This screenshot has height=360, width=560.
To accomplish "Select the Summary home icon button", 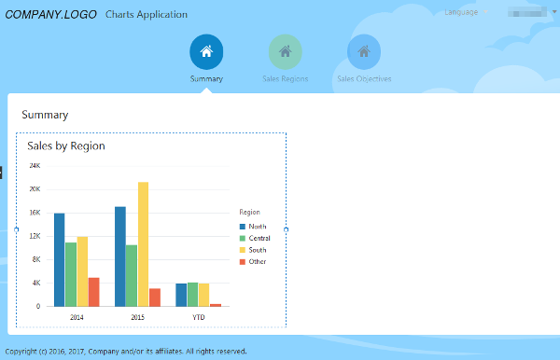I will click(206, 52).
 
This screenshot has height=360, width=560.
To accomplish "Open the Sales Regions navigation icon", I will click(285, 52).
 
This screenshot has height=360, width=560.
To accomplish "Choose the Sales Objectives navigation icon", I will click(364, 52).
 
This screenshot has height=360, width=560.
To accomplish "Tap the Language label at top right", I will click(461, 13).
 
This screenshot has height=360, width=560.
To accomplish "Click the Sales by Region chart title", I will click(66, 146).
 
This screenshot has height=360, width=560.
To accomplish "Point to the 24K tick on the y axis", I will click(35, 166).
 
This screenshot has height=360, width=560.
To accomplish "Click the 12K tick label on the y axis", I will click(35, 236).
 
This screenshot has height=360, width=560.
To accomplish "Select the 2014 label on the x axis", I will click(76, 317).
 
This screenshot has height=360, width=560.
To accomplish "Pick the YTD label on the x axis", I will click(199, 317).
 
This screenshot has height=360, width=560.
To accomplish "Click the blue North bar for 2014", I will click(60, 259).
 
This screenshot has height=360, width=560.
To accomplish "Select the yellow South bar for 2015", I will click(143, 243).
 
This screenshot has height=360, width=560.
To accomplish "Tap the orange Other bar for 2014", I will click(93, 291).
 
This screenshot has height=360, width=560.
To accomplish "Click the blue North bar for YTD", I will click(181, 295).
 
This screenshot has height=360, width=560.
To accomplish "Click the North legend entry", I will click(253, 227).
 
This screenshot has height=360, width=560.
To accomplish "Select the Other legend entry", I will click(253, 261).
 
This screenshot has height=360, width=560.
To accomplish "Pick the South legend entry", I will click(253, 250).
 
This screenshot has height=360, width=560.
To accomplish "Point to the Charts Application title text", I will click(147, 15).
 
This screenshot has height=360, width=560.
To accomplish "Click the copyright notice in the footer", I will click(126, 352).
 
